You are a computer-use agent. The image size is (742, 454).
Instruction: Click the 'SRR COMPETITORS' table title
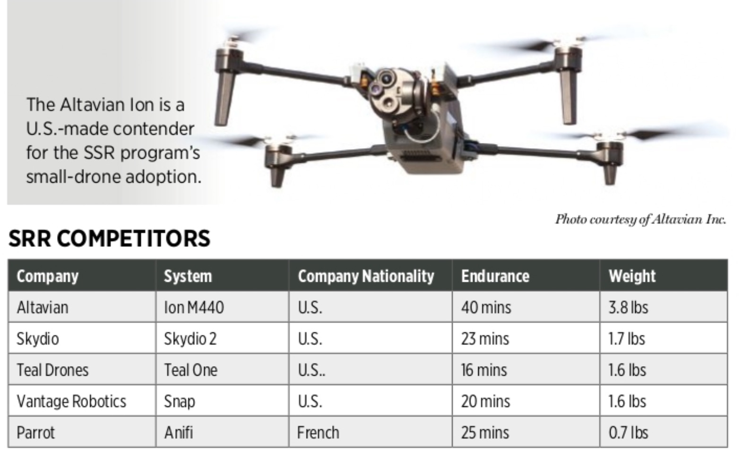click(x=109, y=238)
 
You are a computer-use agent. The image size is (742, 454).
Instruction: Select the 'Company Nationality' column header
click(x=366, y=276)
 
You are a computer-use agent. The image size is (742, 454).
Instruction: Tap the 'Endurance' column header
click(x=495, y=276)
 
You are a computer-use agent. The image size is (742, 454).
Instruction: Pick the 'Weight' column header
click(x=632, y=276)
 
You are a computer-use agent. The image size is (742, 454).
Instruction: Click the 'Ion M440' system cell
click(x=194, y=307)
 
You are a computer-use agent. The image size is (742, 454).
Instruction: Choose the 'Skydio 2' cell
click(x=190, y=338)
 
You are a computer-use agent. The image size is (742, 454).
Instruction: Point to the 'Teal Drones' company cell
click(x=52, y=370)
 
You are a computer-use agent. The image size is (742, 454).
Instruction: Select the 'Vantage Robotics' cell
click(x=71, y=401)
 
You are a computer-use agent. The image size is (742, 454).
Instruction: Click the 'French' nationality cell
click(x=318, y=432)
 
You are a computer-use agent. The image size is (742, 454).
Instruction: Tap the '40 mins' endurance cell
click(x=486, y=307)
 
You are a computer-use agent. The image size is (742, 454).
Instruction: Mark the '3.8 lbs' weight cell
click(x=628, y=307)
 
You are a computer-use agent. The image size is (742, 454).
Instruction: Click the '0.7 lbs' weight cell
click(x=628, y=432)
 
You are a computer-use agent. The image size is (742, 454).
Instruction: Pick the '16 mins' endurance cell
click(x=484, y=370)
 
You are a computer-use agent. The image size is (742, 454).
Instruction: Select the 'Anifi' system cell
click(x=178, y=432)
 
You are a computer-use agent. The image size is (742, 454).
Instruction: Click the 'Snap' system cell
click(x=179, y=402)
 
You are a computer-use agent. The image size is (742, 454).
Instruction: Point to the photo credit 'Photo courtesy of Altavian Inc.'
click(x=641, y=219)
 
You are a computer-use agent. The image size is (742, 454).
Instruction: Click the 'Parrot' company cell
click(x=35, y=432)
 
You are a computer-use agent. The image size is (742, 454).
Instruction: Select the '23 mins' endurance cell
click(x=485, y=338)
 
